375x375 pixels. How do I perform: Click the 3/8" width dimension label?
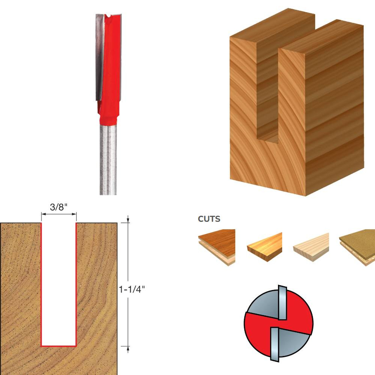pyautogui.click(x=59, y=207)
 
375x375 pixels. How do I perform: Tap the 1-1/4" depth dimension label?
pyautogui.click(x=132, y=289)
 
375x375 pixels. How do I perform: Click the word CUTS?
pyautogui.click(x=209, y=219)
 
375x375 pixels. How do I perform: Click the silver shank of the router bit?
pyautogui.click(x=108, y=158)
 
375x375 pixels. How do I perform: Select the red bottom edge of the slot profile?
pyautogui.click(x=59, y=346)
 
